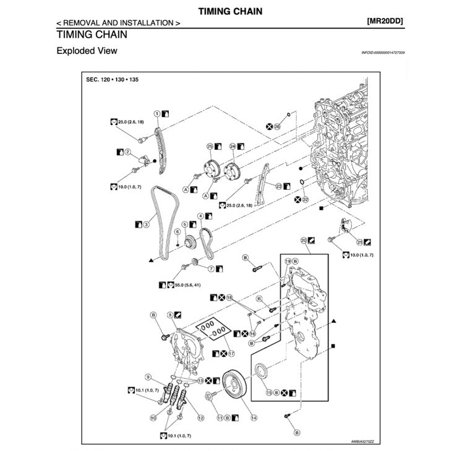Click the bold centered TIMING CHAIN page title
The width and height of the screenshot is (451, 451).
[230, 11]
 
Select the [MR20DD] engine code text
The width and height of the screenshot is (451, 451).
[384, 22]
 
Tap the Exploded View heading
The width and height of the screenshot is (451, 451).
[87, 51]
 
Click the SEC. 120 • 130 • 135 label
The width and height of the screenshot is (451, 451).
[113, 80]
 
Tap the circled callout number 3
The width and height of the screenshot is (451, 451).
[146, 225]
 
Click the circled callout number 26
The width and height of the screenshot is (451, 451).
[277, 126]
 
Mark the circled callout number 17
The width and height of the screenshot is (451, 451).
[231, 354]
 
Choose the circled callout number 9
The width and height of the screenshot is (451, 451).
[148, 376]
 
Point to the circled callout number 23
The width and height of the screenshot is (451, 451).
[278, 186]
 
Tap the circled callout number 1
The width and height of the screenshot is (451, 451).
[157, 114]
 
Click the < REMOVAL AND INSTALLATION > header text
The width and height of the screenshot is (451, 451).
[118, 22]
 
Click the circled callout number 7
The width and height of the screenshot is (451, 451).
[210, 269]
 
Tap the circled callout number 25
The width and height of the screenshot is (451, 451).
[210, 147]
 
